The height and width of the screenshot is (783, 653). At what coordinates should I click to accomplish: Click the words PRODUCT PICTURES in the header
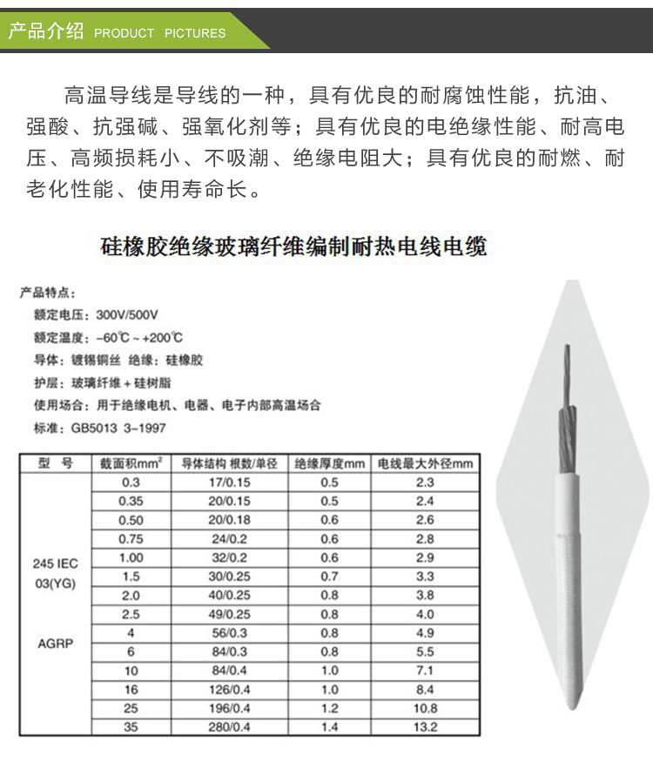click(x=159, y=33)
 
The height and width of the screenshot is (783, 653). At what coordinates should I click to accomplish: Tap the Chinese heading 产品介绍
click(x=45, y=31)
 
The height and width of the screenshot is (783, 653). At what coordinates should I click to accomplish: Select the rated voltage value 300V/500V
click(x=132, y=314)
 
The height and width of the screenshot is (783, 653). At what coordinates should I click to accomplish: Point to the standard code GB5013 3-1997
click(x=118, y=428)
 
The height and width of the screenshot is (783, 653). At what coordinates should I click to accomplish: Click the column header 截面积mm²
click(x=131, y=463)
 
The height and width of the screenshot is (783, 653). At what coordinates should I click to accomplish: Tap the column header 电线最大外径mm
click(x=425, y=463)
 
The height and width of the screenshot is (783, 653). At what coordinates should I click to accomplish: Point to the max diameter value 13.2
click(x=425, y=726)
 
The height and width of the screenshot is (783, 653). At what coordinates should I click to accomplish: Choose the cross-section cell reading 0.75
click(x=131, y=538)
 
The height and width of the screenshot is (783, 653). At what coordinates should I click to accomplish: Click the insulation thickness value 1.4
click(x=329, y=726)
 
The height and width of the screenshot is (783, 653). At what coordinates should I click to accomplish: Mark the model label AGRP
click(x=55, y=645)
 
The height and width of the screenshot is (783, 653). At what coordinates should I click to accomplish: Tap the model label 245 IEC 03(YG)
click(x=55, y=573)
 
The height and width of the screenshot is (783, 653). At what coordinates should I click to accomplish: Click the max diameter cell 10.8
click(x=425, y=708)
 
